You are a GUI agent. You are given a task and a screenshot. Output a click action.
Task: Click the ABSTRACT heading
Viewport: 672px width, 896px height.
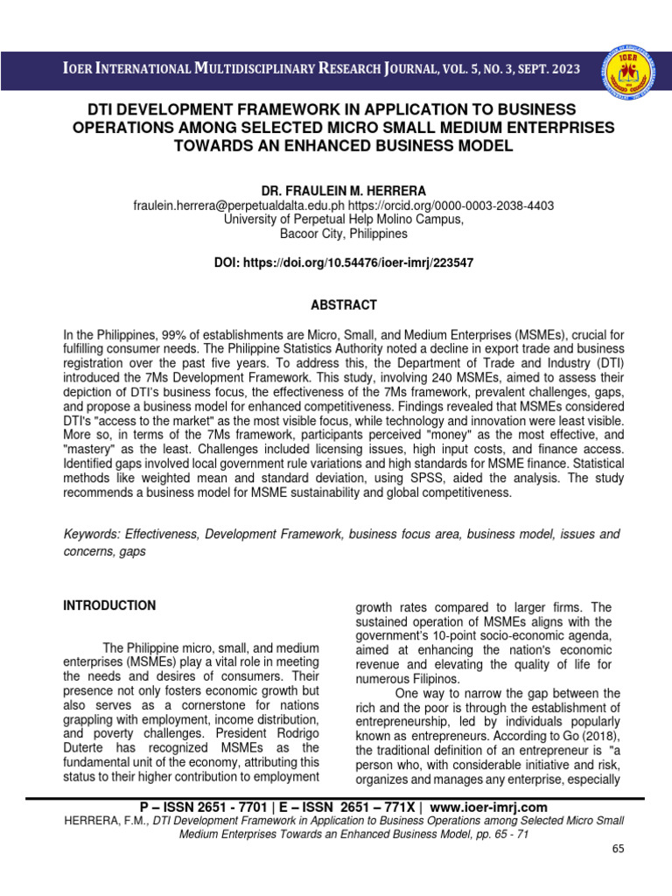click(x=345, y=305)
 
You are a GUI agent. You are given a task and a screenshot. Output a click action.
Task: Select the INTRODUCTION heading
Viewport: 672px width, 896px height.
click(x=110, y=605)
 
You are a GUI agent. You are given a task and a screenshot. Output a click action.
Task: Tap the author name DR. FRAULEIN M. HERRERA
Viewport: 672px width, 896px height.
click(x=343, y=190)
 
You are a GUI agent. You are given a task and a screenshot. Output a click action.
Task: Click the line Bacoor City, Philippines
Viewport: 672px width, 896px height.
click(x=343, y=234)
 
